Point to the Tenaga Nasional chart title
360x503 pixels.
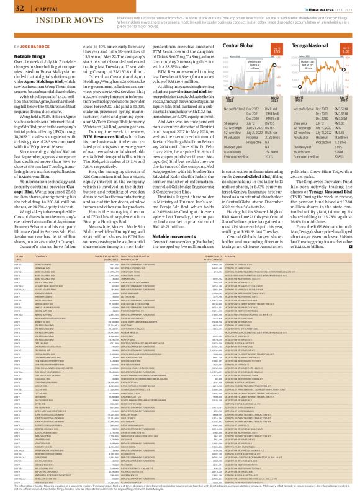click(305, 46)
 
